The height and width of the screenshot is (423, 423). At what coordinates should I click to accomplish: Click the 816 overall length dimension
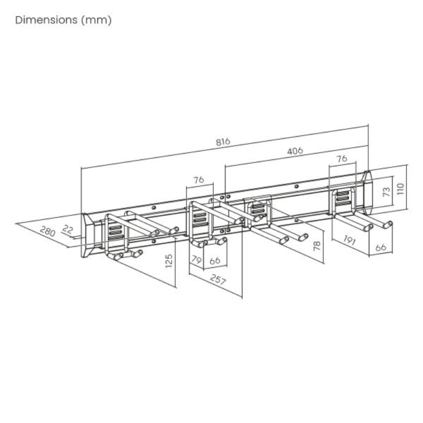pos(223,142)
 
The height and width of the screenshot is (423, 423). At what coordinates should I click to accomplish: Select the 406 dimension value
pos(295,151)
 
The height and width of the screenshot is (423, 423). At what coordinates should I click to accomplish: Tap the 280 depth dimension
pos(47,231)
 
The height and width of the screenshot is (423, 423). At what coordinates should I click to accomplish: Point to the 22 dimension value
pos(68,230)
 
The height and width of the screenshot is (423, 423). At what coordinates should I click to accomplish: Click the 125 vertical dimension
pos(168,261)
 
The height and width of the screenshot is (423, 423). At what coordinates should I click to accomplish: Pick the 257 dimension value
pos(218,280)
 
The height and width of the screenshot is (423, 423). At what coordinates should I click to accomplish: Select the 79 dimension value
pos(197,259)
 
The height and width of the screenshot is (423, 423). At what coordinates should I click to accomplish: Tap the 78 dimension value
pos(317,245)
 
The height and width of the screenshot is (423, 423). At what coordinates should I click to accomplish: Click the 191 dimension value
pos(350,240)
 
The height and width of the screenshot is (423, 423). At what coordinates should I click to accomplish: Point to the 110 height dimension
pos(400,188)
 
